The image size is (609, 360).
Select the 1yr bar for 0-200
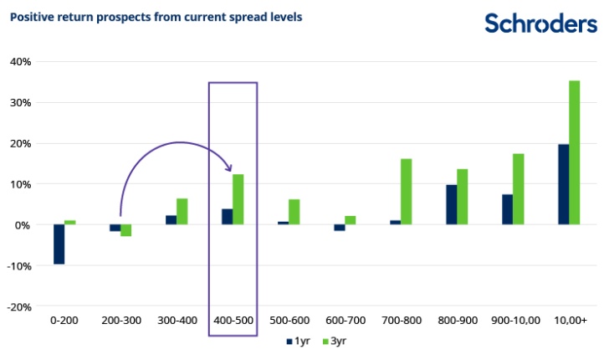tap(59, 244)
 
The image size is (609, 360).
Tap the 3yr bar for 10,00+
tap(574, 152)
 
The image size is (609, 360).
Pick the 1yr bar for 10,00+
tap(563, 184)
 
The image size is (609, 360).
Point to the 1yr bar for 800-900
tap(451, 204)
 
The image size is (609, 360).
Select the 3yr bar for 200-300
tap(126, 230)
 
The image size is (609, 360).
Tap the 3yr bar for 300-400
tap(182, 211)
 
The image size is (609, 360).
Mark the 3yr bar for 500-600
tap(294, 212)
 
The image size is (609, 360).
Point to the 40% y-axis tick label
tap(21, 62)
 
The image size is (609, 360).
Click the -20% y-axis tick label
tap(19, 306)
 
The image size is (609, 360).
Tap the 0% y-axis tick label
tap(23, 225)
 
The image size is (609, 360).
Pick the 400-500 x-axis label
tap(233, 321)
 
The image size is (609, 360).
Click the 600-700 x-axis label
tap(345, 321)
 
